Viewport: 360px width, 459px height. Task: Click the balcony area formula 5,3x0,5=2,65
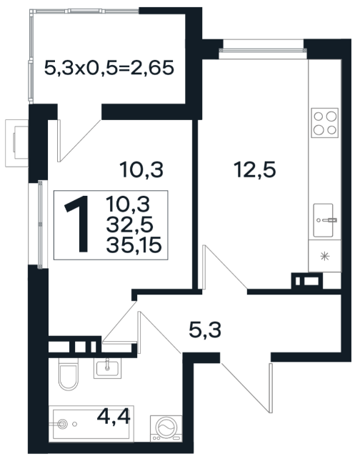109,68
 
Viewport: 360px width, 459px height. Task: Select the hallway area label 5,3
205,330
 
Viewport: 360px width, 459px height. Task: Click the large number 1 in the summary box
77,224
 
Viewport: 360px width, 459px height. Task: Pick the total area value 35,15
134,245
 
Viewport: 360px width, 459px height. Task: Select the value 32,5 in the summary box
130,224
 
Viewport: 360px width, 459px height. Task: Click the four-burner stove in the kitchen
324,123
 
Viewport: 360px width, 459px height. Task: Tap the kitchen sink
324,220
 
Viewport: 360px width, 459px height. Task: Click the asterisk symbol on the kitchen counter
325,256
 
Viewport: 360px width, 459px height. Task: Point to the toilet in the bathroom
68,374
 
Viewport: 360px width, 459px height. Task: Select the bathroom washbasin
107,369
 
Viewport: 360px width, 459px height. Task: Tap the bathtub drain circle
61,423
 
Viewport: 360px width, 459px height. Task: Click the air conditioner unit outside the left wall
16,143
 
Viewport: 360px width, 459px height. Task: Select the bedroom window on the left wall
40,224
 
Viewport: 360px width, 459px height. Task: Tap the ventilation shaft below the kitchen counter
307,281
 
